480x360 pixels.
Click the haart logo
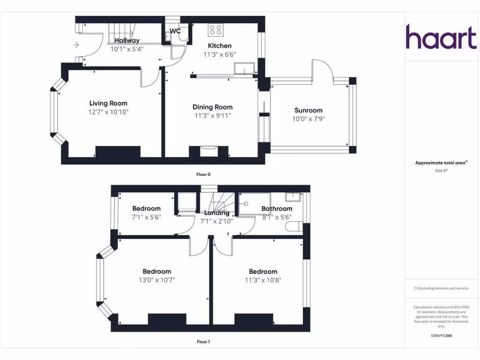click(x=441, y=37)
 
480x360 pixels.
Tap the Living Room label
click(x=108, y=103)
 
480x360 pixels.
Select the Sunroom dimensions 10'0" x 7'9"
click(x=308, y=119)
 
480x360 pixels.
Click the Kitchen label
click(x=220, y=45)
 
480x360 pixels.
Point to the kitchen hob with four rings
click(x=216, y=30)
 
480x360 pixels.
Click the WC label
click(x=175, y=31)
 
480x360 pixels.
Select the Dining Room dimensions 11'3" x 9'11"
click(x=213, y=115)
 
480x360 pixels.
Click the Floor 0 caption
click(x=203, y=174)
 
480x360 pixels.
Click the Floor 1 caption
click(x=203, y=342)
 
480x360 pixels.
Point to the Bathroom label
click(x=277, y=209)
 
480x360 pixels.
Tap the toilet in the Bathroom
click(x=293, y=227)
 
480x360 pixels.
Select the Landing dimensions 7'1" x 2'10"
click(x=217, y=221)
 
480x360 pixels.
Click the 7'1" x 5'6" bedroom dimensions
click(x=146, y=217)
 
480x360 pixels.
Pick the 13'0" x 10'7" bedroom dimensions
click(x=157, y=280)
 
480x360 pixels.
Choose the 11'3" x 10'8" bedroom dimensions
click(x=263, y=280)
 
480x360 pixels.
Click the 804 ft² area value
click(x=441, y=171)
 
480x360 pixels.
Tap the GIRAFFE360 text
click(x=441, y=336)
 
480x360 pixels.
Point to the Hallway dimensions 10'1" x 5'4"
click(x=127, y=49)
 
